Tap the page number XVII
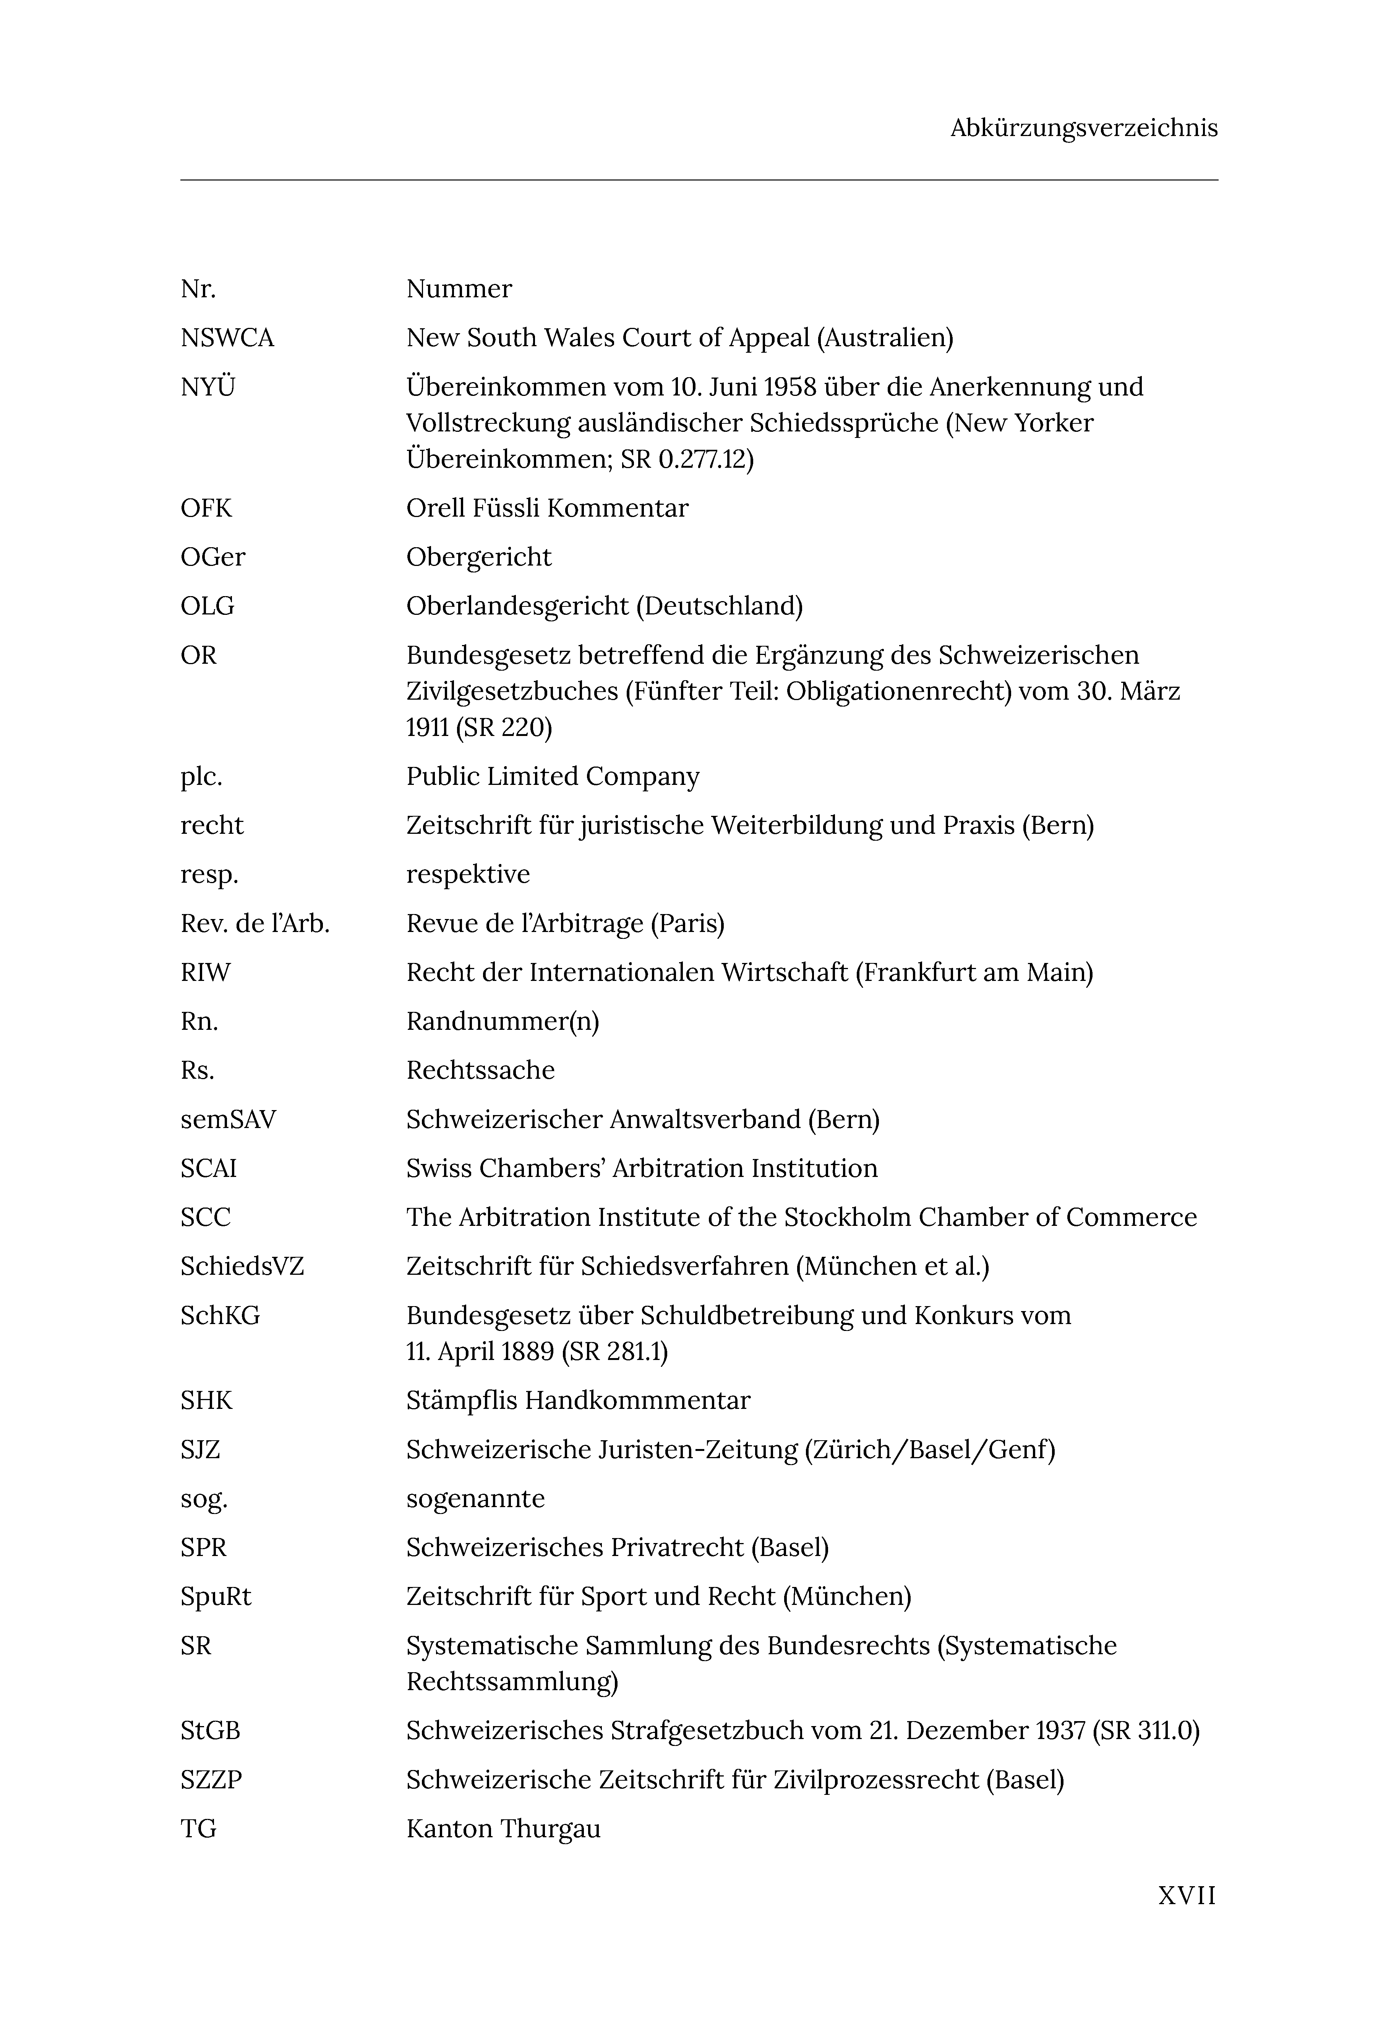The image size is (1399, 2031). pos(1187,1895)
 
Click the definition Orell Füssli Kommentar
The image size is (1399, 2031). pos(547,508)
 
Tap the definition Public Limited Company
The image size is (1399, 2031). pos(552,776)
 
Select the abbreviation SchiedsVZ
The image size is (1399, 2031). pos(242,1267)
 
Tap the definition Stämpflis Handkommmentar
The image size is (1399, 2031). pos(578,1401)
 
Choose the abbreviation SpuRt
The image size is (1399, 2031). pos(216,1597)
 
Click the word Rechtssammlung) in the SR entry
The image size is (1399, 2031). pos(512,1682)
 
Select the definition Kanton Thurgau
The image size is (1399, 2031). pos(503,1829)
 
